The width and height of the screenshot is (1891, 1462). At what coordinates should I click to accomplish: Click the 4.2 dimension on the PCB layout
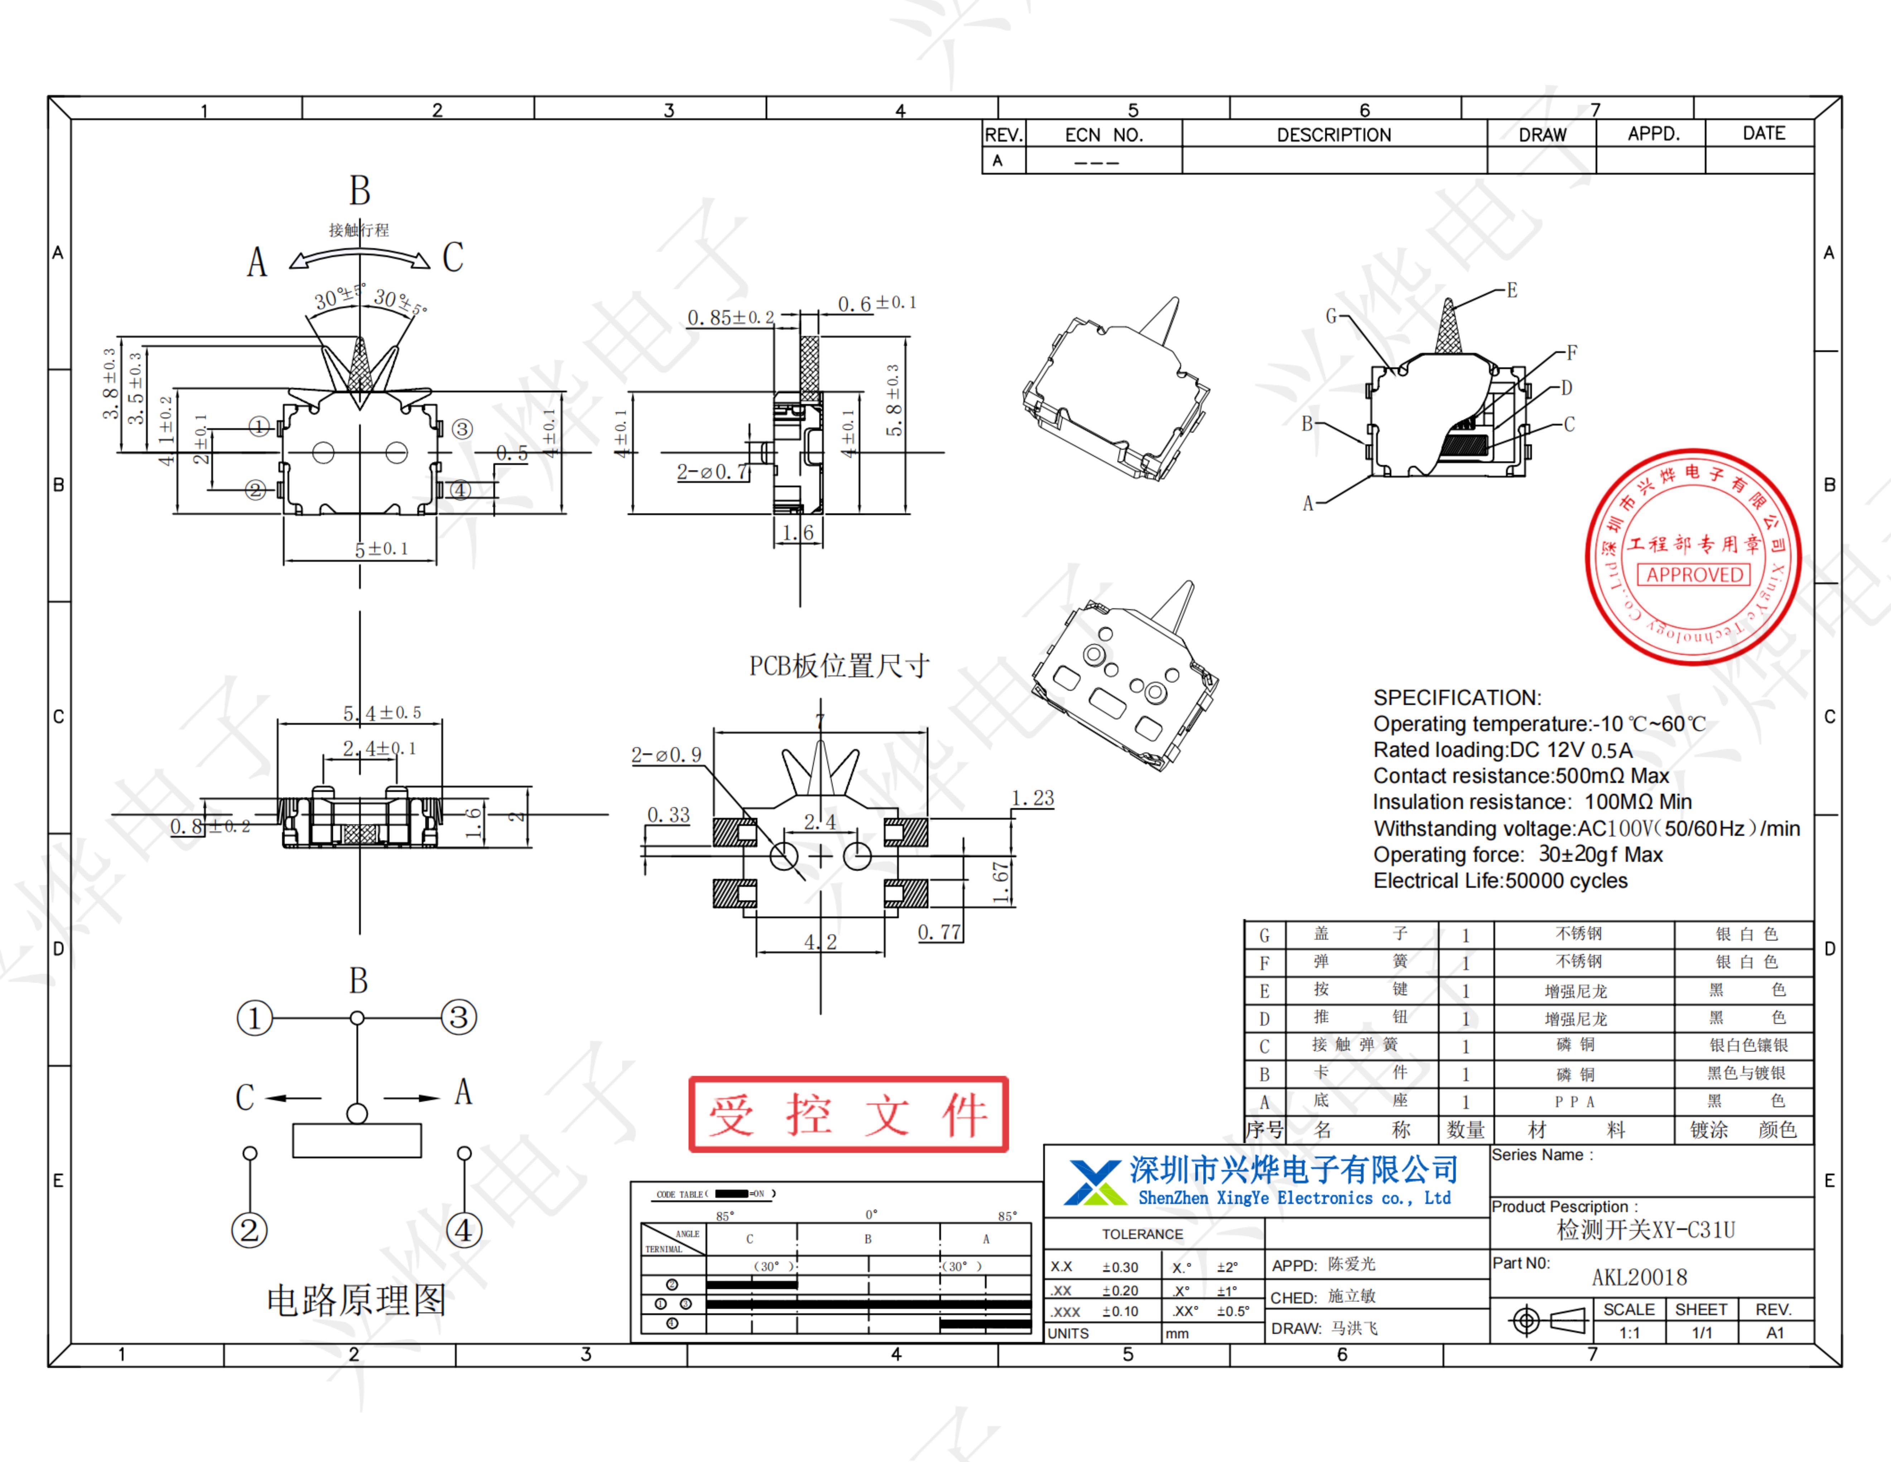(x=820, y=941)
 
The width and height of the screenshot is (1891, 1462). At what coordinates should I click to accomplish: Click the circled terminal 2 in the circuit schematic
(x=249, y=1230)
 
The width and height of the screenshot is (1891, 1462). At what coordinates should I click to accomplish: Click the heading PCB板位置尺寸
(x=839, y=666)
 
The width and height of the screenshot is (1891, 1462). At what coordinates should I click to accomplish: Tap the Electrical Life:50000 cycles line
(x=1500, y=881)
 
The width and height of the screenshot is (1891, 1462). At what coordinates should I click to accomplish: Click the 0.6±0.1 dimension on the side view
(x=876, y=303)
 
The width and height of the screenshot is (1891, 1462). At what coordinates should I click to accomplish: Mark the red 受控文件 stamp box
(x=848, y=1115)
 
